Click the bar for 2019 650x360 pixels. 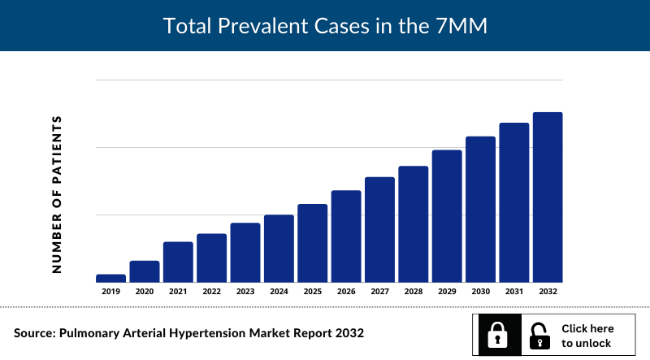point(110,278)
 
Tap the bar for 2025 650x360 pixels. point(313,243)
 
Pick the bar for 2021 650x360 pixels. point(178,262)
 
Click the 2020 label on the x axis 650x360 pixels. point(145,291)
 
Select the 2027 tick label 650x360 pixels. point(379,291)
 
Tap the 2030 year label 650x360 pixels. point(480,291)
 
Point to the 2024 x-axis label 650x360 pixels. point(279,291)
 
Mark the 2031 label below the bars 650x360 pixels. point(513,291)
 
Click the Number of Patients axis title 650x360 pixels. point(57,193)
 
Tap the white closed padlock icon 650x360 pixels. point(497,335)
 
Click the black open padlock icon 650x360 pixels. point(538,335)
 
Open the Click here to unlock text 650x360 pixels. point(587,336)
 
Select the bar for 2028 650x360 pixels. point(414,224)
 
